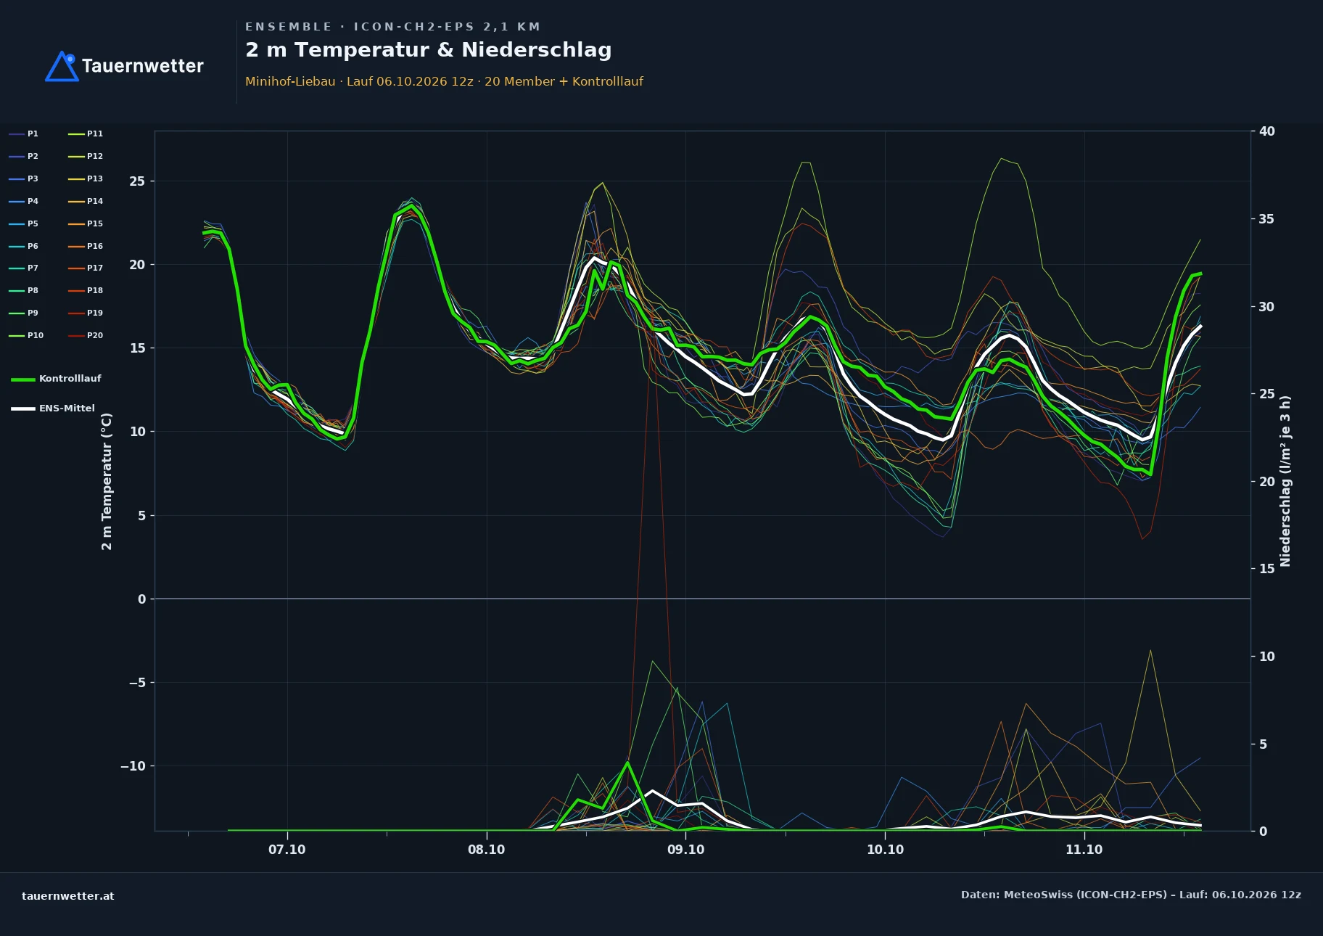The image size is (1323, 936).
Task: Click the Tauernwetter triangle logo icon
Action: click(62, 67)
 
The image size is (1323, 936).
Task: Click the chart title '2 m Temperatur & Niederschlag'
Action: click(429, 50)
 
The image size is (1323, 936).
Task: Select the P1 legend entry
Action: click(24, 134)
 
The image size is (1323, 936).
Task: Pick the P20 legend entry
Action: click(86, 335)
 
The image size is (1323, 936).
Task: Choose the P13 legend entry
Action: click(86, 178)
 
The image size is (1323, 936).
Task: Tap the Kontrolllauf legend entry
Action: click(56, 379)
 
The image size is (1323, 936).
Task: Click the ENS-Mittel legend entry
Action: click(53, 409)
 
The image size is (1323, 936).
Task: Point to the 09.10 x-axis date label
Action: click(685, 850)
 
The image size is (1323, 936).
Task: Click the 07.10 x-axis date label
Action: click(287, 850)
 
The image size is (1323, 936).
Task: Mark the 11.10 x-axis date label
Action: click(1084, 850)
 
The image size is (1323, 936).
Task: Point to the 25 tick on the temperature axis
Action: click(137, 181)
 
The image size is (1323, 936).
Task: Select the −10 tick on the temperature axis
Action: click(133, 766)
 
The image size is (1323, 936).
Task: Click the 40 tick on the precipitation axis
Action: click(1266, 131)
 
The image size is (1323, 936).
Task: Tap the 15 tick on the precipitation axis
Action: click(1266, 569)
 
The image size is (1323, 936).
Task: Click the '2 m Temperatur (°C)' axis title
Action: click(107, 481)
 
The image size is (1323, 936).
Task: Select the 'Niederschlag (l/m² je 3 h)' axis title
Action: click(1285, 481)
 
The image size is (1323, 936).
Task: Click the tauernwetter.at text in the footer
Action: click(68, 896)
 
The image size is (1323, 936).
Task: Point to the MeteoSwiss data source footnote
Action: click(1131, 895)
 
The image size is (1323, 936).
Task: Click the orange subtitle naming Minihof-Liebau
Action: click(444, 81)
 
